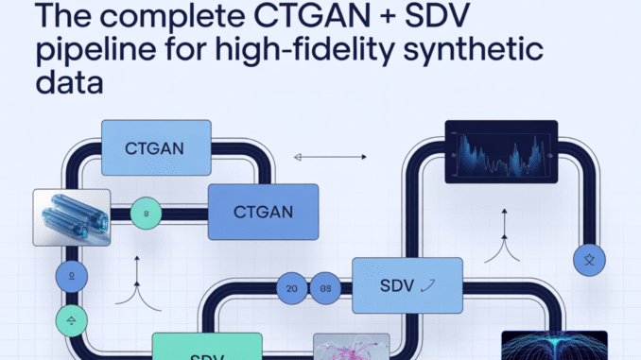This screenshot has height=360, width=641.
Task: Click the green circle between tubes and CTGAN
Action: [147, 214]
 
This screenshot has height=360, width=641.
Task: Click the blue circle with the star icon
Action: [590, 257]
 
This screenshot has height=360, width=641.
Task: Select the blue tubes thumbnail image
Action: [71, 217]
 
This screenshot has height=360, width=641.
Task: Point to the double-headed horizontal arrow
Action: [331, 157]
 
